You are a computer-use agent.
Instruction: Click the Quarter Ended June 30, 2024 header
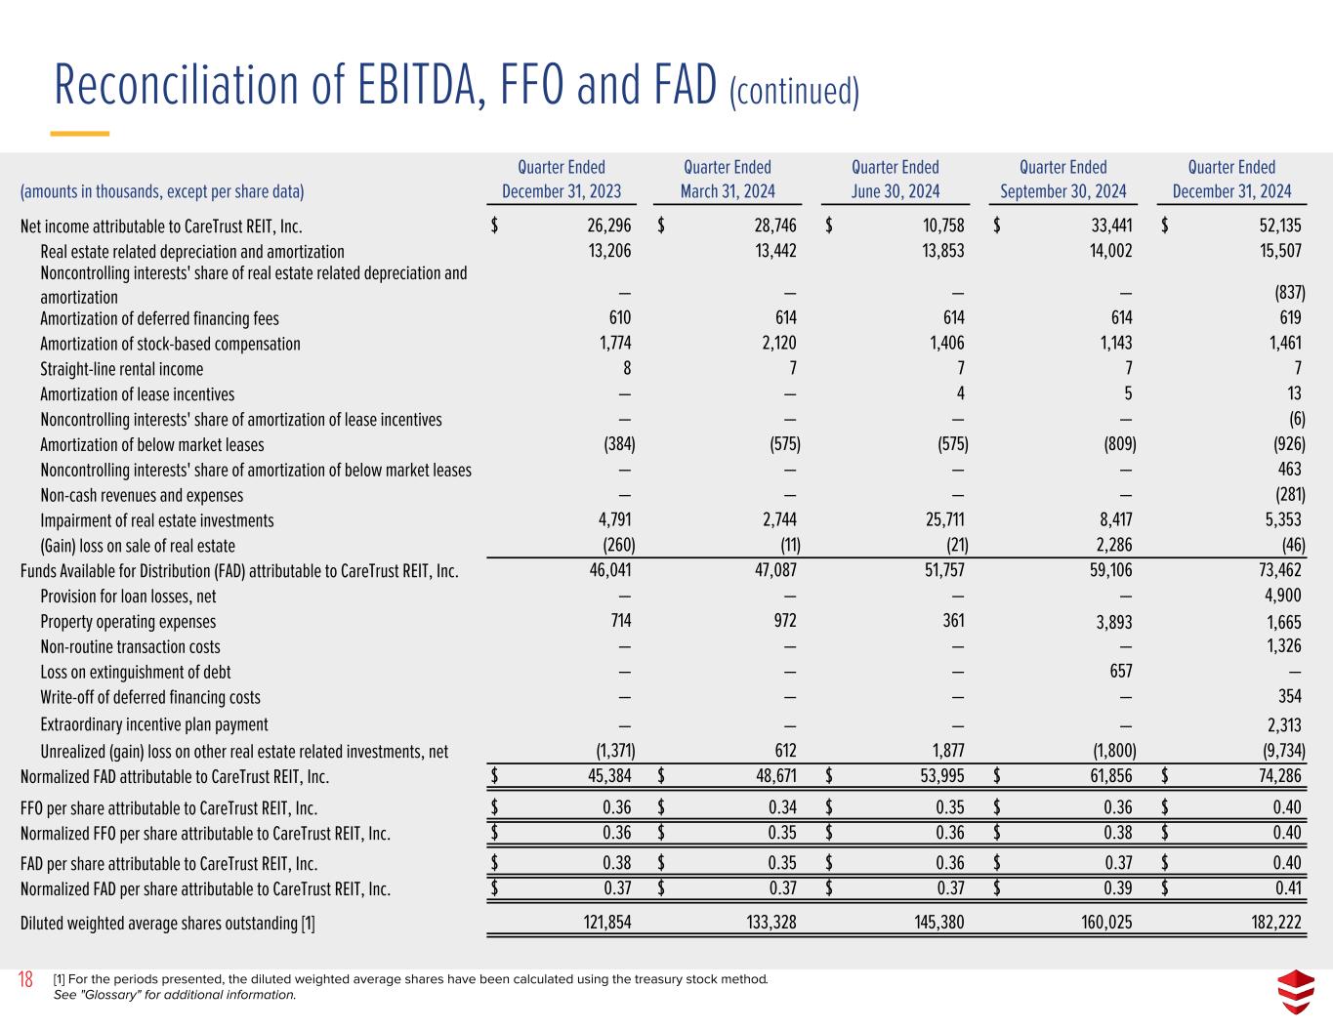[x=895, y=180]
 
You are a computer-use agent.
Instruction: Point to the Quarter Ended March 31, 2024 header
[x=727, y=180]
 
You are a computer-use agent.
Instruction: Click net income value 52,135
[x=1273, y=227]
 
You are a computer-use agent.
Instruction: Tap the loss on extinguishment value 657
[x=1120, y=672]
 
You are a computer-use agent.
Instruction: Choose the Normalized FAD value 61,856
[x=1105, y=777]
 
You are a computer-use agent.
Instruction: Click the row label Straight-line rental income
[x=122, y=369]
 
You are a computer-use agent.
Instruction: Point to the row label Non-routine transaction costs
[x=130, y=646]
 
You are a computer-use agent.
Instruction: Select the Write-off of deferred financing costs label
[x=150, y=697]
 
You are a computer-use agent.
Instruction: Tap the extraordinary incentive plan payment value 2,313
[x=1281, y=724]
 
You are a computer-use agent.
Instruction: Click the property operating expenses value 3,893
[x=1111, y=623]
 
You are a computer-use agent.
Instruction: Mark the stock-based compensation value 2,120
[x=775, y=344]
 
